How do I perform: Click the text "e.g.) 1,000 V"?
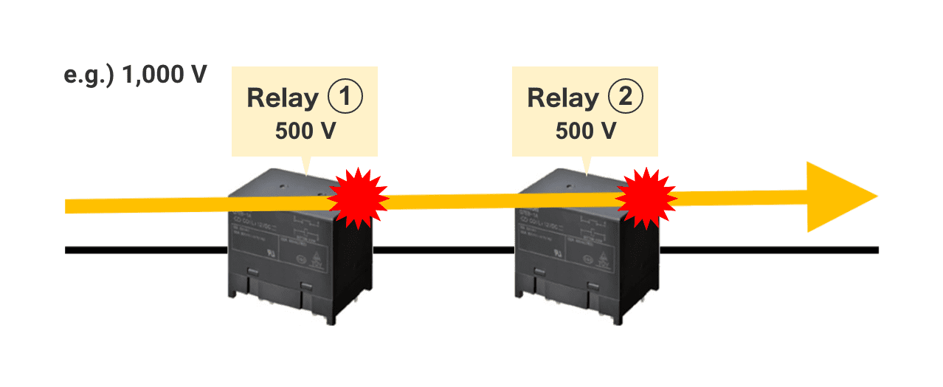pyautogui.click(x=135, y=75)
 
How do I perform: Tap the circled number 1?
pyautogui.click(x=345, y=97)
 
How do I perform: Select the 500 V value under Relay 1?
pyautogui.click(x=305, y=131)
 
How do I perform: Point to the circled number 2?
pyautogui.click(x=626, y=97)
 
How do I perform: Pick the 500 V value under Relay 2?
pyautogui.click(x=586, y=131)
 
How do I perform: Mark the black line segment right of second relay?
pyautogui.click(x=767, y=250)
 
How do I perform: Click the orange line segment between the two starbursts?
pyautogui.click(x=502, y=199)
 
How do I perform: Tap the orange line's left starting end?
pyautogui.click(x=70, y=206)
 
